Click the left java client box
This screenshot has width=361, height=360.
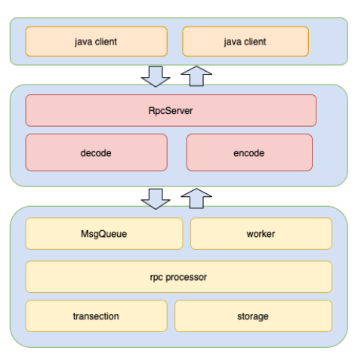click(95, 42)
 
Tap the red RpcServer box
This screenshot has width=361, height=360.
click(171, 110)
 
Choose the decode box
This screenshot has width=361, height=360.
click(96, 153)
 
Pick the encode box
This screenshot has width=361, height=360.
click(248, 153)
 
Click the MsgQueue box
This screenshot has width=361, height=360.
click(103, 234)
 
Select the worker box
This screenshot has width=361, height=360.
click(261, 234)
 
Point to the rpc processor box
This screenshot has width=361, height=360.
click(178, 277)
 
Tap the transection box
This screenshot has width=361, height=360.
click(96, 316)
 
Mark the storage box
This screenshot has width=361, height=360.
click(253, 316)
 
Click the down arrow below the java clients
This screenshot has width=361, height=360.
click(156, 75)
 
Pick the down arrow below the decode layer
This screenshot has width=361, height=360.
click(156, 198)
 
